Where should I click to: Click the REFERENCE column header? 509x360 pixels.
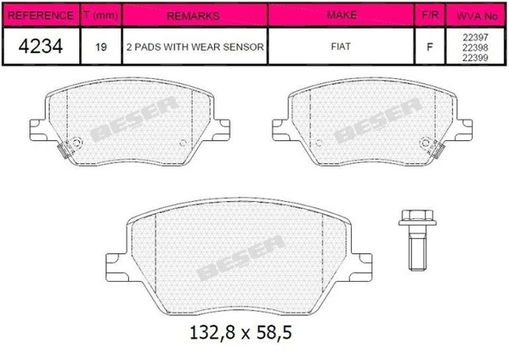(40, 15)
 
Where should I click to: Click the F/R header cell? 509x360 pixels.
(429, 15)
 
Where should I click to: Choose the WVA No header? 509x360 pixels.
(475, 15)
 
